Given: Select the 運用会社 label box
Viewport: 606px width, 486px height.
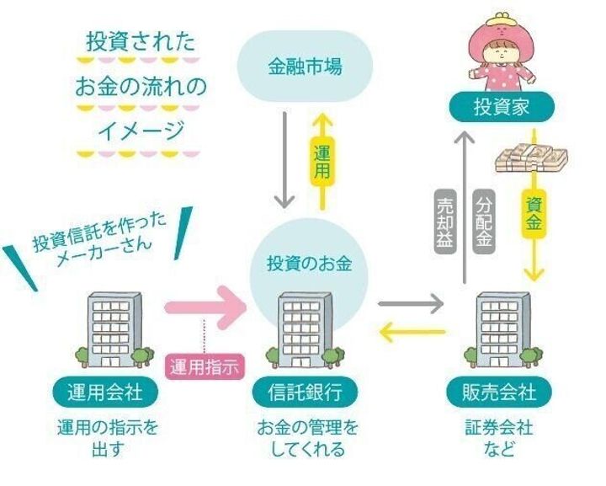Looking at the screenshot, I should pyautogui.click(x=104, y=391).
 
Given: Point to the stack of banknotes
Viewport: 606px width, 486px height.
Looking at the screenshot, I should pyautogui.click(x=529, y=155).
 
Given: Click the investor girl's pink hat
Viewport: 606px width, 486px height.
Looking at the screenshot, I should pyautogui.click(x=498, y=29).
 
